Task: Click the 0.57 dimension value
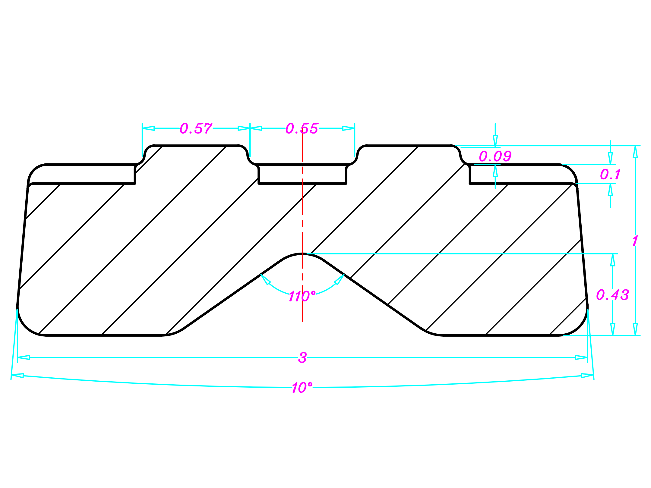pos(196,129)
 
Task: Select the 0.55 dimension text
pos(302,129)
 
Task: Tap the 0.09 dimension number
pos(495,156)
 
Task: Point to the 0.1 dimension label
pos(610,175)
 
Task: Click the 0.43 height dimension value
pos(612,295)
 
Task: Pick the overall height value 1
pos(635,241)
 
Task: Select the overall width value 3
pos(302,358)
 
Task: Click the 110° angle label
pos(302,296)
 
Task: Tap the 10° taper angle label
pos(302,388)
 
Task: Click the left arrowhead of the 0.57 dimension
pos(148,128)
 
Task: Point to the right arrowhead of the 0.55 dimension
pos(349,128)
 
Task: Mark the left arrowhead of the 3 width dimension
pos(24,357)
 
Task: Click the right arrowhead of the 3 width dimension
pos(581,357)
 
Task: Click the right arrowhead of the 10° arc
pos(587,376)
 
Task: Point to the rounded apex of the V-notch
pos(302,254)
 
